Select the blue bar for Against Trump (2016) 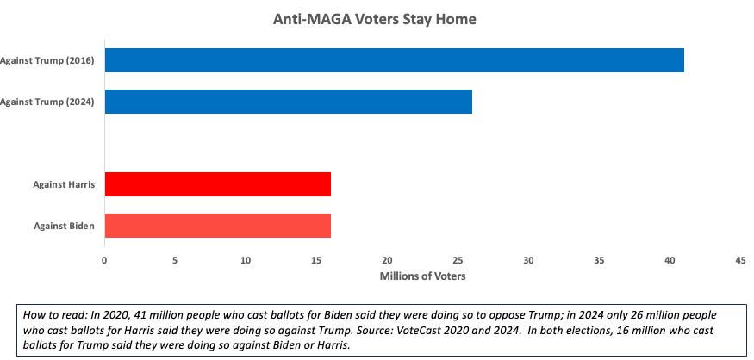tap(394, 60)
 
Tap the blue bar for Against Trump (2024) tap(288, 102)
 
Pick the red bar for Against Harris tap(217, 184)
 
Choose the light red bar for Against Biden tap(217, 226)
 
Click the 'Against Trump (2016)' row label tap(53, 60)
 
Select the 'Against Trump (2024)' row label tap(53, 102)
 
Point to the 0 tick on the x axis tap(104, 259)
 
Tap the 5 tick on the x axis tap(175, 259)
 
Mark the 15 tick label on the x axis tap(316, 259)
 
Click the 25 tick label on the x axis tap(458, 259)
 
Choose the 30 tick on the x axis tap(528, 259)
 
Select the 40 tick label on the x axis tap(670, 259)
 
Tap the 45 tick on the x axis tap(740, 259)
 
